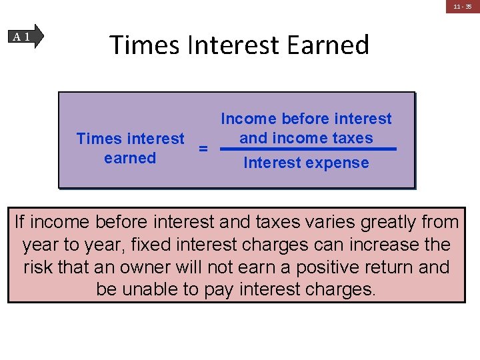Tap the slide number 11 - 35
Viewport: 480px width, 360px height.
[x=463, y=7]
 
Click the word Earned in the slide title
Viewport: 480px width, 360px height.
[x=328, y=45]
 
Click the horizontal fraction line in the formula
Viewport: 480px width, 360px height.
[x=307, y=149]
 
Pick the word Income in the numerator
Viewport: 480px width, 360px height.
[x=248, y=119]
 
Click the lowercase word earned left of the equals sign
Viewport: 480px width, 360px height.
[x=130, y=159]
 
